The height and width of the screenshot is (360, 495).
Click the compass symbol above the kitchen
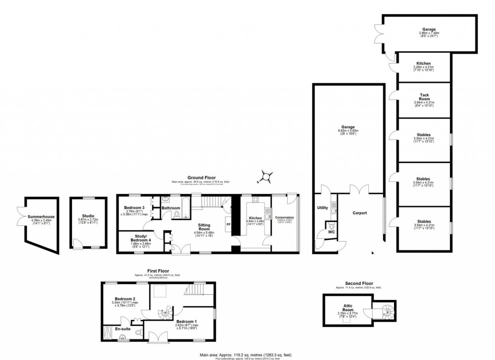265,177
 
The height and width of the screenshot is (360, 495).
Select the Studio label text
87,216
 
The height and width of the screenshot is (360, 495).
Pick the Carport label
360,212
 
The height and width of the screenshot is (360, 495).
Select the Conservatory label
285,218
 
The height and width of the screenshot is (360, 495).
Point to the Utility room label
322,208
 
